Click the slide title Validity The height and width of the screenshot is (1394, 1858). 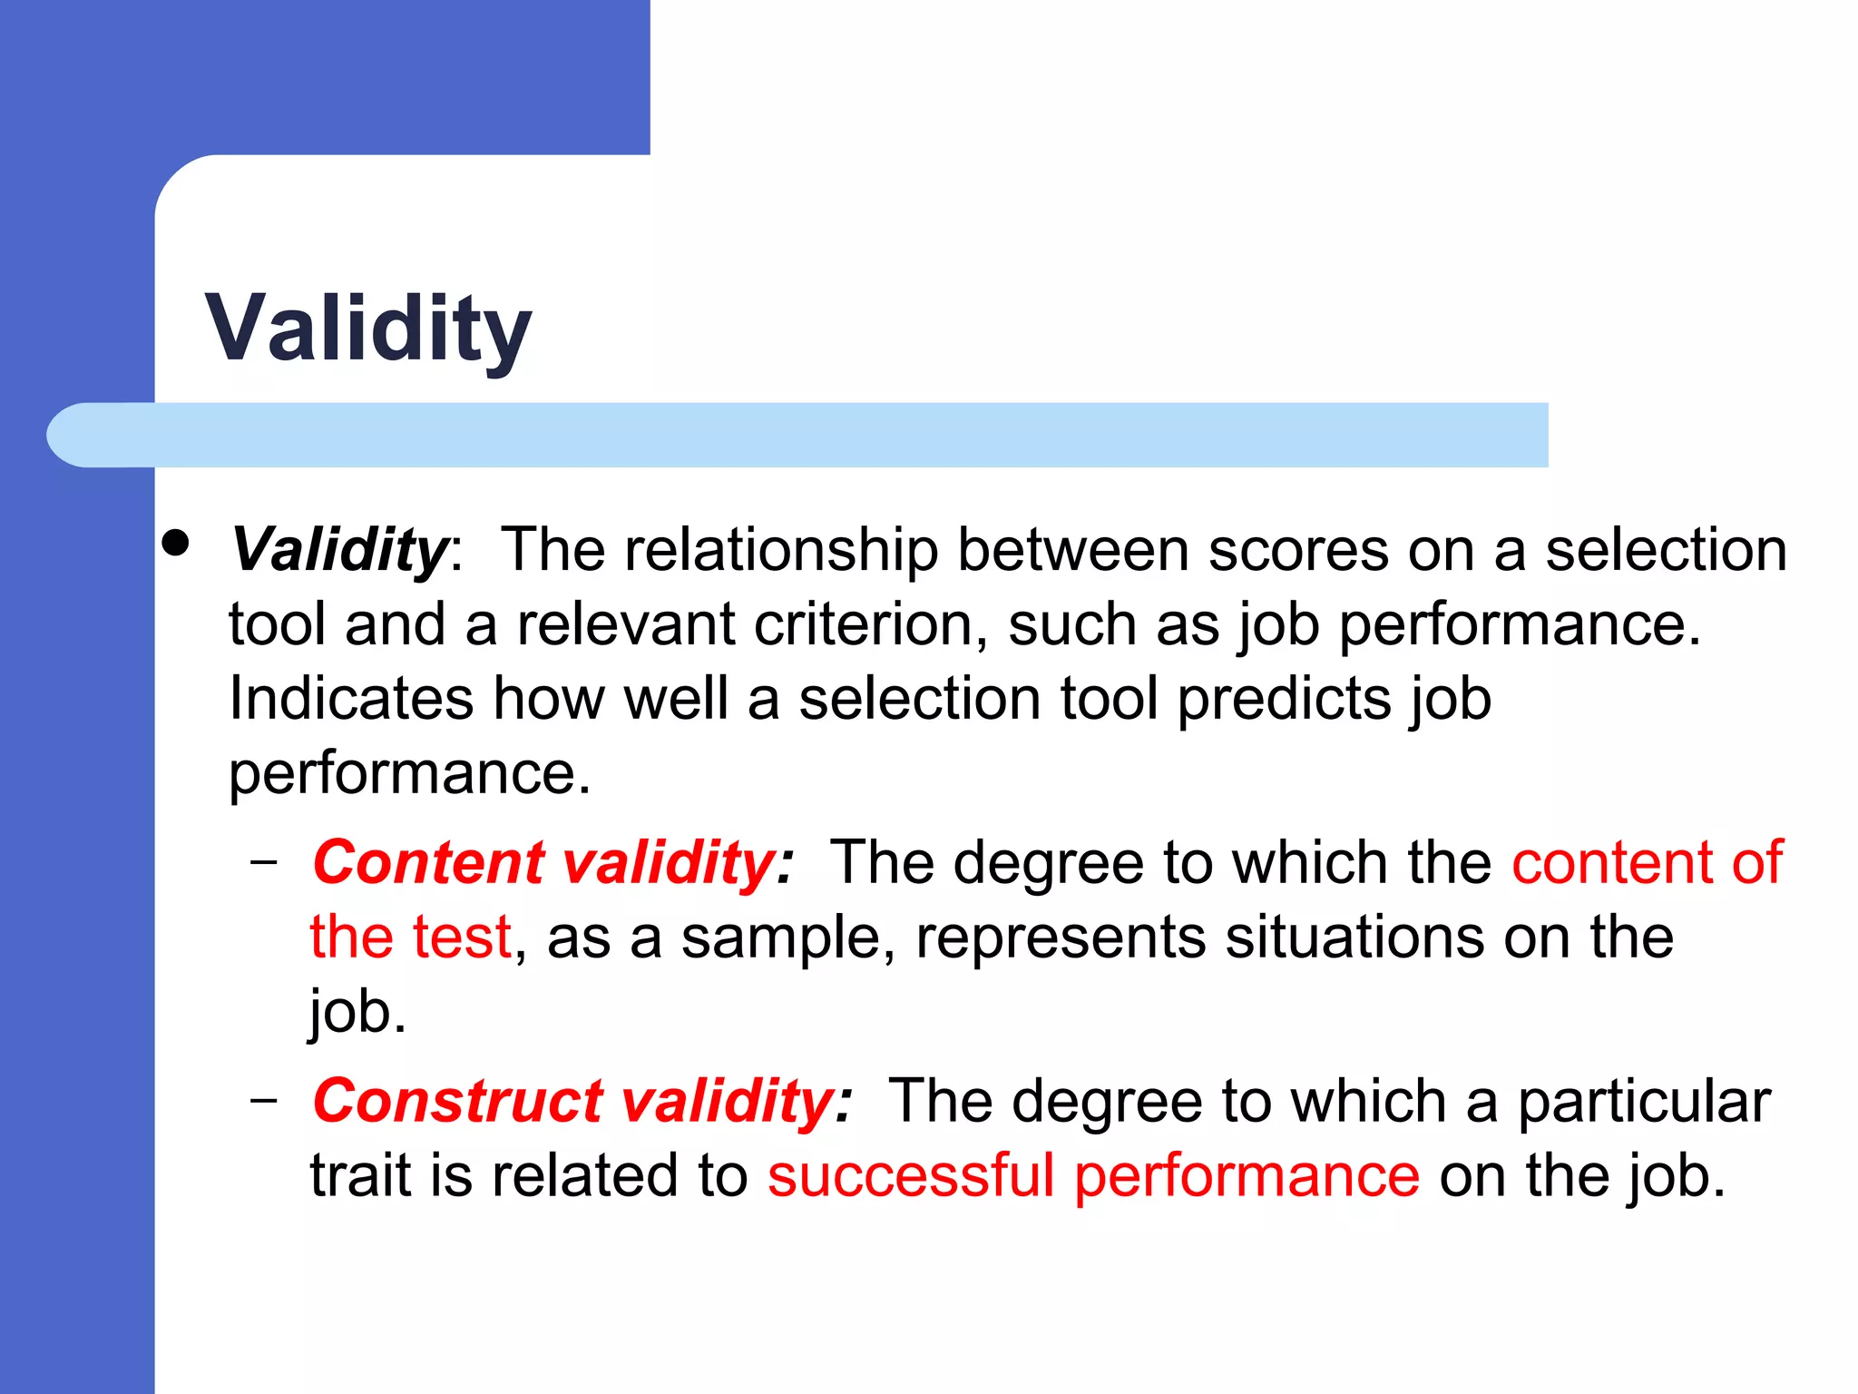click(368, 329)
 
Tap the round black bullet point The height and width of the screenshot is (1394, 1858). click(176, 543)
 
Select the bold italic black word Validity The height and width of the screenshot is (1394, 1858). click(339, 550)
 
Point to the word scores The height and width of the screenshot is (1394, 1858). click(1298, 550)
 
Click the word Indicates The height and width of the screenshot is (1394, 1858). click(351, 699)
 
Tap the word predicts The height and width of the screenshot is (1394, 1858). click(1285, 699)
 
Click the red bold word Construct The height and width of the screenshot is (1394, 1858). click(458, 1101)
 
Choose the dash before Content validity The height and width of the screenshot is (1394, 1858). click(264, 860)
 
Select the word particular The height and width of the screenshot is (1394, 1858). click(1644, 1102)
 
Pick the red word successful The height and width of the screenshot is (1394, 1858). click(911, 1175)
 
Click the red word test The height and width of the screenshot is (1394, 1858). click(462, 937)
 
